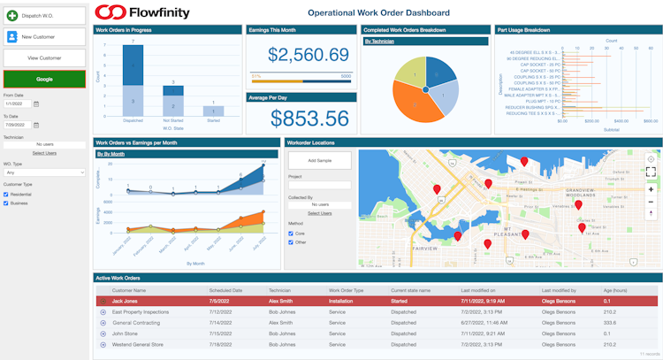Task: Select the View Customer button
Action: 44,57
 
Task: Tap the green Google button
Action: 44,79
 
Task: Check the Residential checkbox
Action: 6,194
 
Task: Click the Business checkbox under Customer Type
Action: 6,203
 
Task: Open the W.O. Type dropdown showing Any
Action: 44,172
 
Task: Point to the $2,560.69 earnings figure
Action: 309,55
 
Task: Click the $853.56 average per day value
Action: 309,119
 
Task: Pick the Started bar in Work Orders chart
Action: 213,111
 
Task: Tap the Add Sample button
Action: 319,160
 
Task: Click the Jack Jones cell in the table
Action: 124,301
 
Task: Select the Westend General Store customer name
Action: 138,344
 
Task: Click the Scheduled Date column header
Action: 225,290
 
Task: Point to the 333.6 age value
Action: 610,323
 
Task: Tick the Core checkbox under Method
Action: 292,234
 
